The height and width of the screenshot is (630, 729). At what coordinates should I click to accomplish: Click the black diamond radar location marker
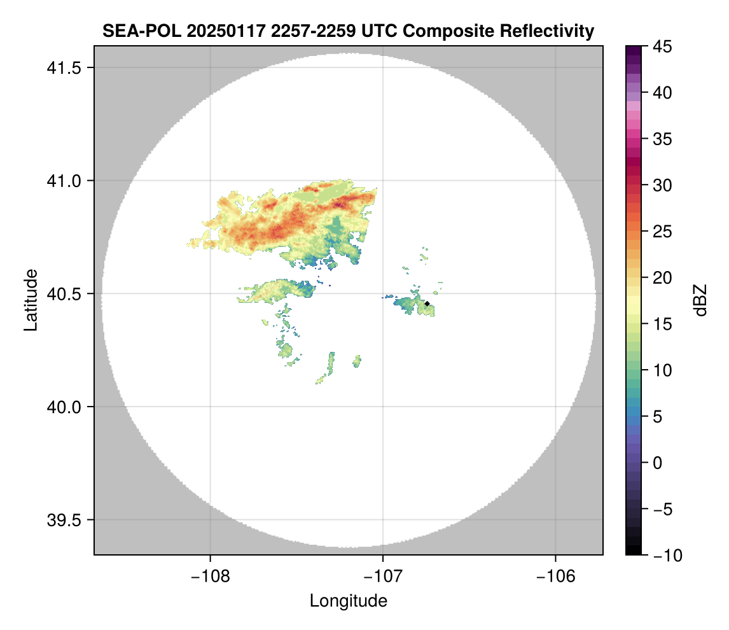pos(427,304)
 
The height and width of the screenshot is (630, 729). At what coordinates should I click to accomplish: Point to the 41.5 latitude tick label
pos(62,68)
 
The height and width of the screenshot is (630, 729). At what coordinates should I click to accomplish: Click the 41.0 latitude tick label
pos(62,181)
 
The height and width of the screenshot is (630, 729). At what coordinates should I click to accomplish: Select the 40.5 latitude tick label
pos(62,294)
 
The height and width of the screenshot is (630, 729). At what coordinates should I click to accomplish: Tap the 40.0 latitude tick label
pos(62,407)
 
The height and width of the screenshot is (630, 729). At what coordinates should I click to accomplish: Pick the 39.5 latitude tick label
pos(62,520)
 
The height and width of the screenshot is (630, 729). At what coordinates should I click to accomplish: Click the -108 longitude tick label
pos(210,577)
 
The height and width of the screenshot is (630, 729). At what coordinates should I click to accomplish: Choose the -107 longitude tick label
pos(383,577)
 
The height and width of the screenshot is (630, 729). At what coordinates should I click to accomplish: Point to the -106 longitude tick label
pos(556,577)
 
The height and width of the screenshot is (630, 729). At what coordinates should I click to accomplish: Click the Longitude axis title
pos(348,601)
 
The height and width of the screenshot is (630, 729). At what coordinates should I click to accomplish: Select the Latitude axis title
pos(31,300)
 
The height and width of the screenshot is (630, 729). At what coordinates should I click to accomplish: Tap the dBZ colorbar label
pos(700,300)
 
